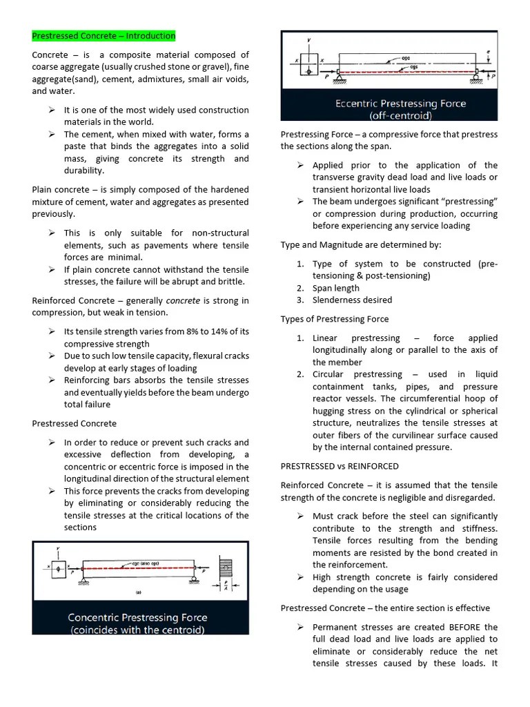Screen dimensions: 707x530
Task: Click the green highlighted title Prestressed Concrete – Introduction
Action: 104,36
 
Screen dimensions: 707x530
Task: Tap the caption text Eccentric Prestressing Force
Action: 400,104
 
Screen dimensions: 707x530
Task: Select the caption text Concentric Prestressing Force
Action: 137,617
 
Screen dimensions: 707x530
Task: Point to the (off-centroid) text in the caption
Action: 400,115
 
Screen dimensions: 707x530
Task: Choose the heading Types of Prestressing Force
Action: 334,319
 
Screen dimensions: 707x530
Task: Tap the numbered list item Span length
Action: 335,288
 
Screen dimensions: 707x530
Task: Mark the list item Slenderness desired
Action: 352,300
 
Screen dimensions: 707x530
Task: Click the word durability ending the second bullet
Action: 84,171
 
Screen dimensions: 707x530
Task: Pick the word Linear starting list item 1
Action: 325,338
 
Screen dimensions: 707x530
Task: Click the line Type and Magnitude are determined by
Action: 361,244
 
